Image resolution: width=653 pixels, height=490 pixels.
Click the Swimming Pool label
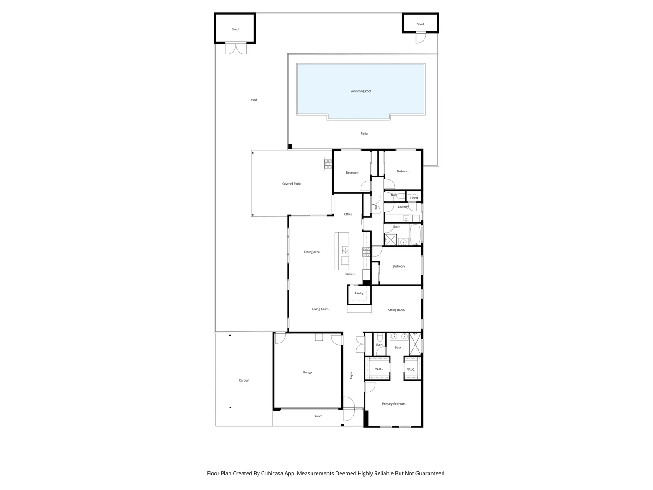tap(361, 91)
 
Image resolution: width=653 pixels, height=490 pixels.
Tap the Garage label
tap(307, 372)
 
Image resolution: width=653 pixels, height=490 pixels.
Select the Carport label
tap(244, 381)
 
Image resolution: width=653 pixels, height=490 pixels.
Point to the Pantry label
tap(359, 294)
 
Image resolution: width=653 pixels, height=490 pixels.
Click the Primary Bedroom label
tap(394, 404)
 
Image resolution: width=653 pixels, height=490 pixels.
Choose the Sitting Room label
tap(396, 310)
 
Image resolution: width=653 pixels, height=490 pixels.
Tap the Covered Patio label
tap(291, 184)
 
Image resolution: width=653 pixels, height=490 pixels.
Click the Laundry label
tap(403, 207)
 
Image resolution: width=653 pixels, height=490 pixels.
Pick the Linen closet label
tap(414, 198)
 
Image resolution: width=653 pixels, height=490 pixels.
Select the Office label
tap(348, 214)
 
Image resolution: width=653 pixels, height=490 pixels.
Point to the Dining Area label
tap(312, 252)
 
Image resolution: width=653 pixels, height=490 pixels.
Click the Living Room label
tap(320, 309)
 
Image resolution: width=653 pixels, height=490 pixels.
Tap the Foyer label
tap(351, 376)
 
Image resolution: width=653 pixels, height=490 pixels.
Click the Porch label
tap(318, 416)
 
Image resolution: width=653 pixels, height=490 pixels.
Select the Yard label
tap(254, 100)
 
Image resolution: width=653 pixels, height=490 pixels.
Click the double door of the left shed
tap(236, 48)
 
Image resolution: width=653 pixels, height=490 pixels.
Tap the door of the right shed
tap(420, 38)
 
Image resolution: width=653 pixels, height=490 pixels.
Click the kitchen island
tap(342, 251)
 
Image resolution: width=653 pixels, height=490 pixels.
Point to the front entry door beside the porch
tap(349, 408)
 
